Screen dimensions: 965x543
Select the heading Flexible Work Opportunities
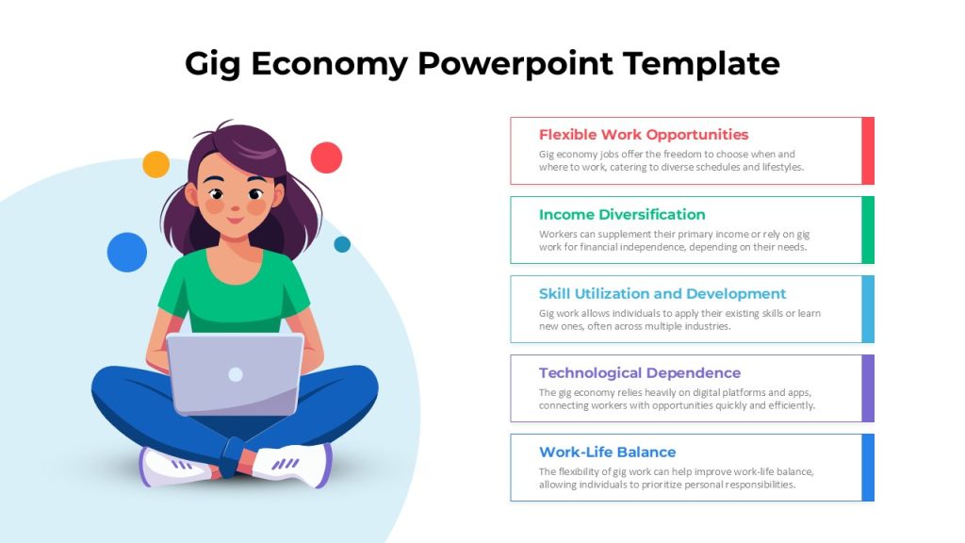pos(644,135)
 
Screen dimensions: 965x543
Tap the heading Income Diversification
pos(622,214)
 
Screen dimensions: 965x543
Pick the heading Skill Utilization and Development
pos(662,294)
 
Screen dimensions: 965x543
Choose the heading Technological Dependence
pos(640,373)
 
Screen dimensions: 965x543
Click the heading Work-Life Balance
pos(608,452)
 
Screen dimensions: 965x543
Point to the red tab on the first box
pos(868,151)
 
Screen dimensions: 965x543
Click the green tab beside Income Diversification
pos(868,230)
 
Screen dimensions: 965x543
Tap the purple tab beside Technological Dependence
pos(868,388)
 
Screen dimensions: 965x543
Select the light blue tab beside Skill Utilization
pos(868,309)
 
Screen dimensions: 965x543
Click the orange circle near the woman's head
pos(155,164)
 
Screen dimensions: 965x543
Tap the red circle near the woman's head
pos(326,157)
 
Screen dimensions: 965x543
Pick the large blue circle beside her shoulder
pos(127,253)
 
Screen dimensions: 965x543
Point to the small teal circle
pos(342,244)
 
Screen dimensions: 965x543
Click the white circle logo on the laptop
pos(236,374)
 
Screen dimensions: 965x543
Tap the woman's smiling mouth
pos(236,220)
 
